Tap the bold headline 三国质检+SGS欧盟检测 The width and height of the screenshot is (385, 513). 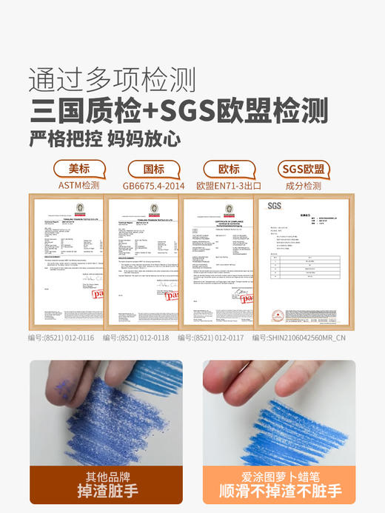click(178, 110)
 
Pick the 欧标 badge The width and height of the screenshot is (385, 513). click(229, 169)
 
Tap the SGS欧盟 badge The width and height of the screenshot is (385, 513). click(304, 169)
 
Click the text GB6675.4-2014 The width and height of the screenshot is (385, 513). click(153, 185)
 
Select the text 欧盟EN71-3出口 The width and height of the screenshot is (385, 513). click(230, 185)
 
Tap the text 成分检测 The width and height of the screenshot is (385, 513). click(304, 185)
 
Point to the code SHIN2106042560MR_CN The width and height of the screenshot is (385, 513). click(304, 338)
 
